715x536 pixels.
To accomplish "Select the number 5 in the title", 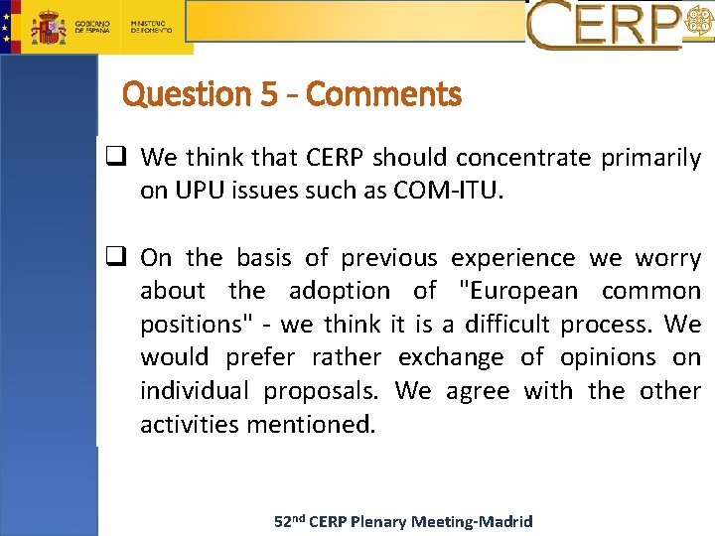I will point(268,95).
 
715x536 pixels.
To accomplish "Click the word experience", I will point(512,258).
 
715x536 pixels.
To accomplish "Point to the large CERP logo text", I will point(606,26).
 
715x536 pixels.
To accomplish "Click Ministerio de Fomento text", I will point(151,26).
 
